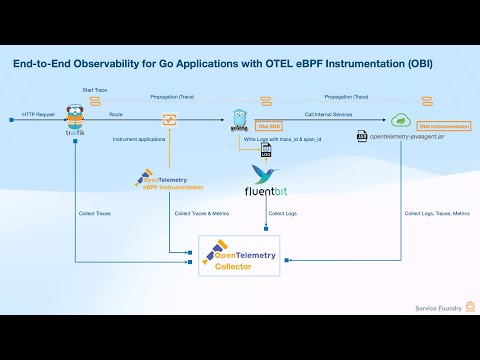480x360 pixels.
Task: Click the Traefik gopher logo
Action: pyautogui.click(x=73, y=118)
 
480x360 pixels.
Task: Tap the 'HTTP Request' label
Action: pyautogui.click(x=38, y=115)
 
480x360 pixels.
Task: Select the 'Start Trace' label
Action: pyautogui.click(x=95, y=90)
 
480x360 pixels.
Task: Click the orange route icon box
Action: pyautogui.click(x=169, y=120)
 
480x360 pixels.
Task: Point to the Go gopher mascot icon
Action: pyautogui.click(x=239, y=120)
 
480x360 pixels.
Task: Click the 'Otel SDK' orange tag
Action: pyautogui.click(x=268, y=127)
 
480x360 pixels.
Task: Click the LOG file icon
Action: pyautogui.click(x=266, y=150)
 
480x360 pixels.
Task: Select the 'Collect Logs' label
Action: pyautogui.click(x=283, y=213)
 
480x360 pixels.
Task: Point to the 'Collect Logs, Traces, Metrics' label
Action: pyautogui.click(x=436, y=213)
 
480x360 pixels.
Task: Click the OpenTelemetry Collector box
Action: pyautogui.click(x=239, y=259)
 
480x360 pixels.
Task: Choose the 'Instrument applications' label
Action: pyautogui.click(x=139, y=138)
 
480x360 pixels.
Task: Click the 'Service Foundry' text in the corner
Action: pyautogui.click(x=436, y=309)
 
